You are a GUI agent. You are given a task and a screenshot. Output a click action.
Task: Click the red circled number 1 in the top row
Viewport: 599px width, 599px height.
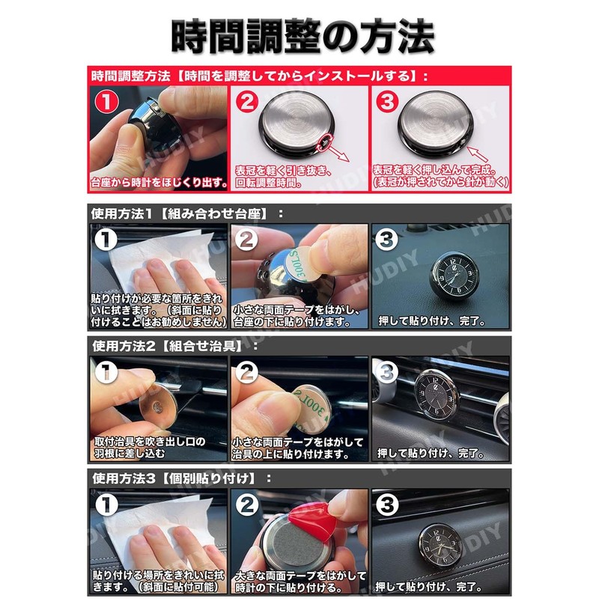coord(107,101)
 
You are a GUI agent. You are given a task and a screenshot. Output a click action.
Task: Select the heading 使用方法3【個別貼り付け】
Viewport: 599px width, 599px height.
coord(179,477)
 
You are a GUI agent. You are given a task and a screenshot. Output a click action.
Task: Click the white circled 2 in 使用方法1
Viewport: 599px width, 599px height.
coord(249,240)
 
